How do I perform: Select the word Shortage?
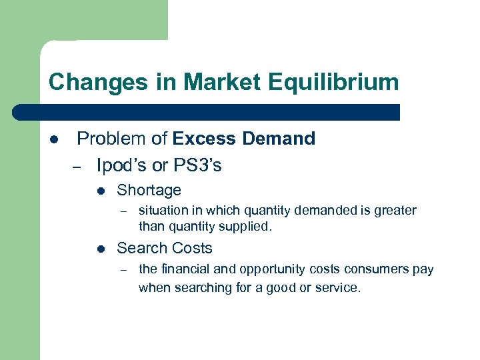pyautogui.click(x=149, y=190)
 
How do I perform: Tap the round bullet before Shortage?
pyautogui.click(x=100, y=191)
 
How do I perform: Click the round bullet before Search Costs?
pyautogui.click(x=100, y=249)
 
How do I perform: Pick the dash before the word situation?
pyautogui.click(x=122, y=211)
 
